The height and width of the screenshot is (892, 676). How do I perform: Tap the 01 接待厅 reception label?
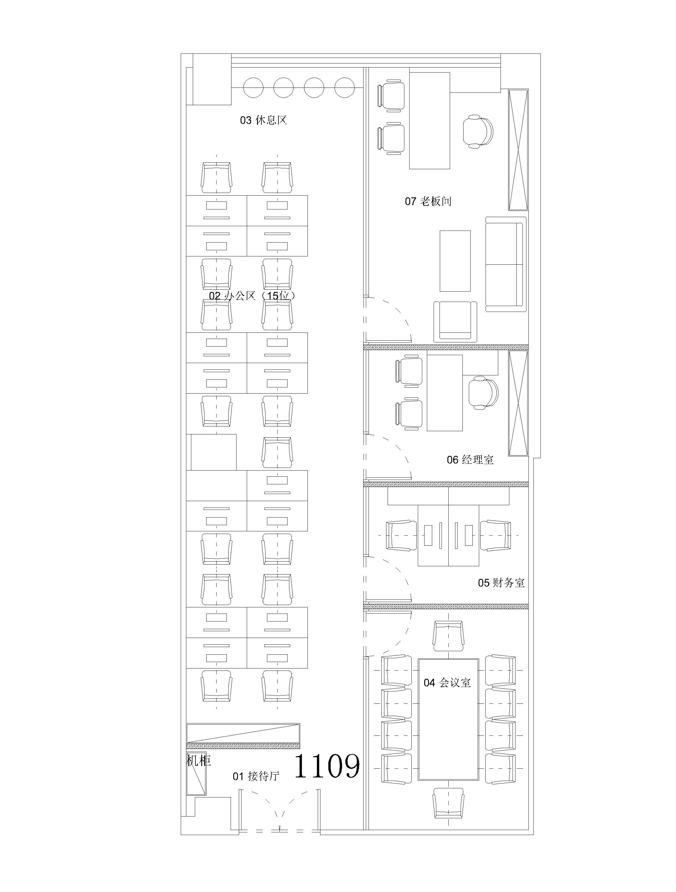256,776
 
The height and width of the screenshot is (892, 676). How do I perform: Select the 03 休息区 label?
263,120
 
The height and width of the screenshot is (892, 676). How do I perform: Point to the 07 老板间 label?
428,201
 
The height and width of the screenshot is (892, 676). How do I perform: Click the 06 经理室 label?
470,460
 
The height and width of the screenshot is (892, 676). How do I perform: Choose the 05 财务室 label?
501,583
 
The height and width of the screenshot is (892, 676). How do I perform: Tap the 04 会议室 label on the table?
447,683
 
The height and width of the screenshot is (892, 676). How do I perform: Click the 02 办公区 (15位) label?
252,296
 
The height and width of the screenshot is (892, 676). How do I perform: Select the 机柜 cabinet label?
199,761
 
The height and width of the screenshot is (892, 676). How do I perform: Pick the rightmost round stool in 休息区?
345,88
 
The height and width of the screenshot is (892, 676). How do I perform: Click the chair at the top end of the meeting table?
448,636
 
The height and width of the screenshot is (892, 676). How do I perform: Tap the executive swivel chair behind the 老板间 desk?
478,132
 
